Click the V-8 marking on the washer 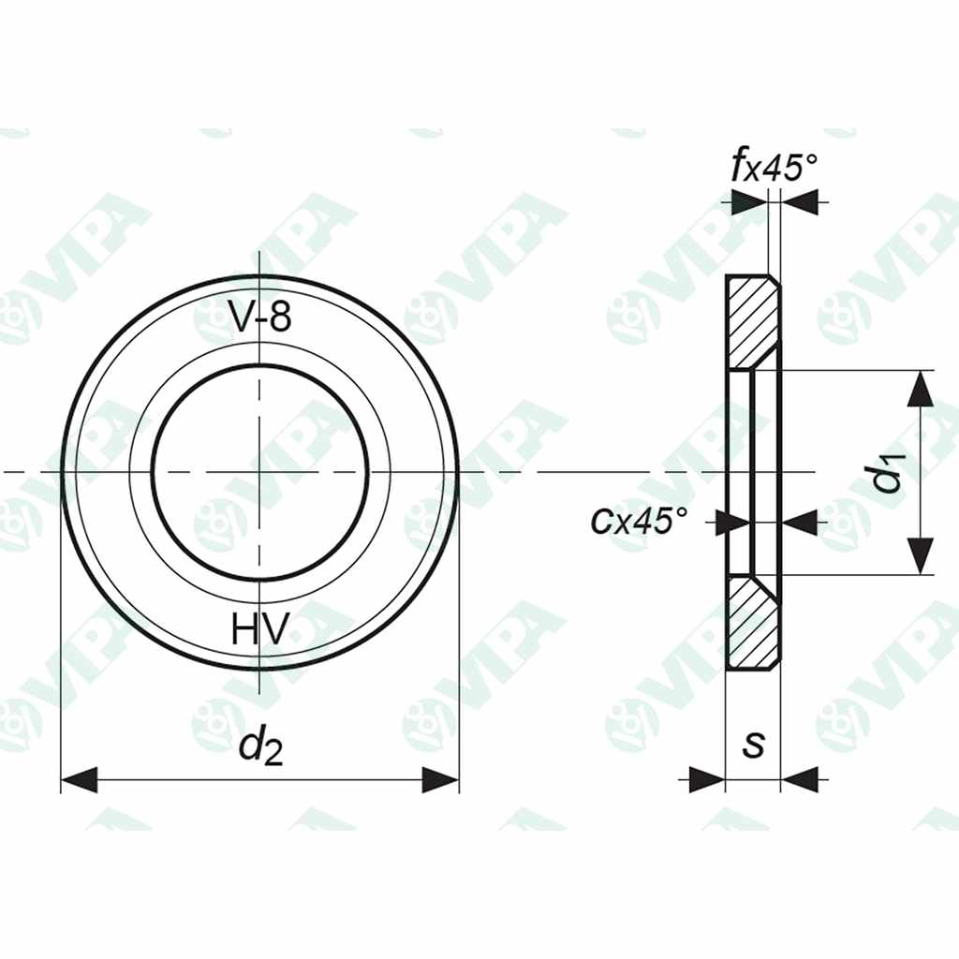pyautogui.click(x=260, y=318)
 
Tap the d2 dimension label pyautogui.click(x=259, y=747)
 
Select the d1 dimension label pyautogui.click(x=887, y=473)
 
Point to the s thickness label pyautogui.click(x=753, y=745)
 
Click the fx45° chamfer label pyautogui.click(x=774, y=169)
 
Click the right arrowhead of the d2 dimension pyautogui.click(x=440, y=779)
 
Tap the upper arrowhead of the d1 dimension pyautogui.click(x=922, y=388)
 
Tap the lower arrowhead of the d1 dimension pyautogui.click(x=922, y=556)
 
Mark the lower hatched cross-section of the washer pyautogui.click(x=753, y=622)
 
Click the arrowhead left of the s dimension pyautogui.click(x=707, y=779)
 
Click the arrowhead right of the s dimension pyautogui.click(x=799, y=779)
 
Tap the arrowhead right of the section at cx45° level pyautogui.click(x=802, y=523)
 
